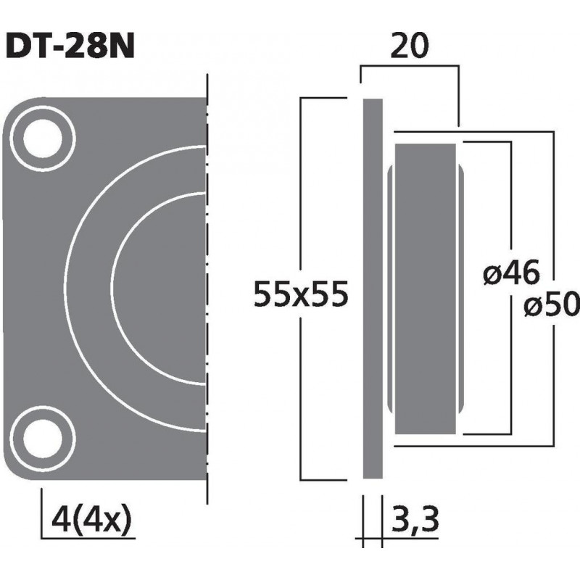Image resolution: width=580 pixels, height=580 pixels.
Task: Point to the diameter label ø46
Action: [x=510, y=274]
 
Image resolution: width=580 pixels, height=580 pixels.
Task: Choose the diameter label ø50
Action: [x=552, y=307]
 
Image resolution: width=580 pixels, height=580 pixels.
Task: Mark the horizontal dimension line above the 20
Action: [x=409, y=67]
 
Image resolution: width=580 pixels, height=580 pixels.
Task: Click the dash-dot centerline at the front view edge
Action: [x=207, y=290]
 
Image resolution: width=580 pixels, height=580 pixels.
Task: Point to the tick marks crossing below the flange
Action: [x=372, y=539]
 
